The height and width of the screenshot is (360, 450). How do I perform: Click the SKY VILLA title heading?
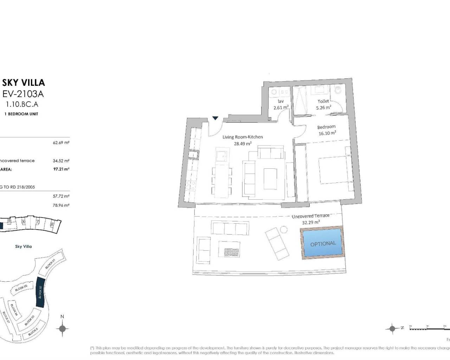(x=24, y=83)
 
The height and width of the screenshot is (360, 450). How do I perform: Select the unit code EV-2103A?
(x=24, y=94)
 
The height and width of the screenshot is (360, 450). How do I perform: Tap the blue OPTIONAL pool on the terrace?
(x=323, y=243)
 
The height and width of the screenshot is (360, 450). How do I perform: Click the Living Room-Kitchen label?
(x=243, y=137)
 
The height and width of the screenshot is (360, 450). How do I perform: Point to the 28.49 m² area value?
(x=243, y=143)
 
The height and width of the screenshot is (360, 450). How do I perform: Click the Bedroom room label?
(x=326, y=127)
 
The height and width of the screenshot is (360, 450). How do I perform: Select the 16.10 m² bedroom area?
(x=327, y=133)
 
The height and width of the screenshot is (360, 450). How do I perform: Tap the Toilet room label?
(x=323, y=101)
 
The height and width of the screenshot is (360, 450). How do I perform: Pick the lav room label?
(x=281, y=101)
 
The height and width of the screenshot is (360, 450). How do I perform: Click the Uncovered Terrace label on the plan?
(x=310, y=216)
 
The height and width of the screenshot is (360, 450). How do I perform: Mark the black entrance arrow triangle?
(x=215, y=118)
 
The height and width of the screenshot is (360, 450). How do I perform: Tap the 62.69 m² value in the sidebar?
(x=61, y=143)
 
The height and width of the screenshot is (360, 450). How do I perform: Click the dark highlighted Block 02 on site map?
(x=40, y=292)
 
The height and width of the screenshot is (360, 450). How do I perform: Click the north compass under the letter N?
(x=62, y=329)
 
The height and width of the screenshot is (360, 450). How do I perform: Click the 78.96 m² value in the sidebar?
(x=61, y=205)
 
